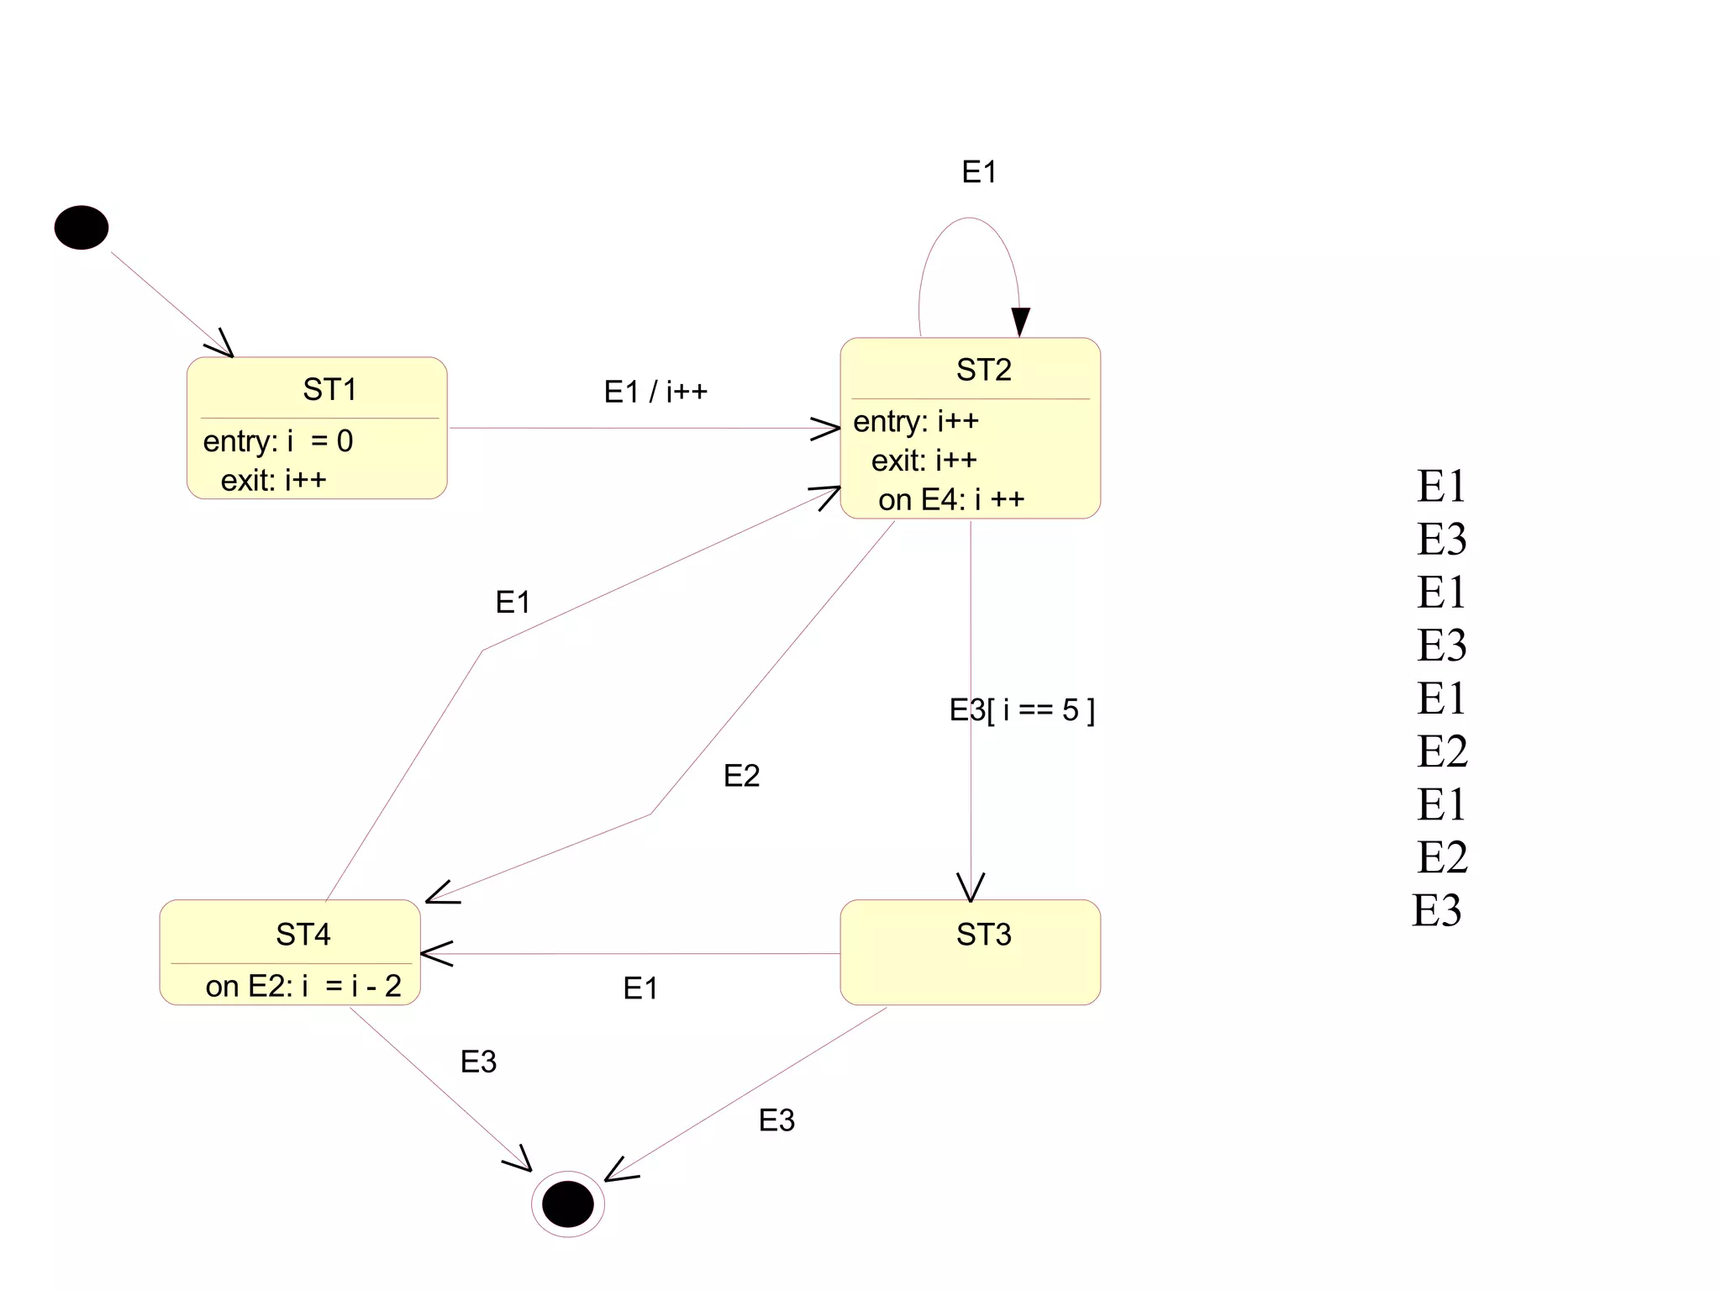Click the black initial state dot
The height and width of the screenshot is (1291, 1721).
click(82, 228)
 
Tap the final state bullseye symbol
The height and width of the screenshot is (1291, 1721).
click(568, 1204)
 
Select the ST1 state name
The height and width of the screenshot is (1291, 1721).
click(329, 390)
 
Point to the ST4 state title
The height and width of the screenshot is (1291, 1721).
click(303, 935)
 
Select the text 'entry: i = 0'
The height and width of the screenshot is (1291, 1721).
click(278, 441)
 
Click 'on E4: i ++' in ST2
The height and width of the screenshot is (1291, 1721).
click(951, 500)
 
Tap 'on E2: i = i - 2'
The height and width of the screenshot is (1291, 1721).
click(303, 986)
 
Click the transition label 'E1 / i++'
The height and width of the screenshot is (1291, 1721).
click(655, 392)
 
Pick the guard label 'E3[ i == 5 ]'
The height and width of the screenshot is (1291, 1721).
click(1022, 711)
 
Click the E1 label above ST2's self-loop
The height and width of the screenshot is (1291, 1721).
click(979, 172)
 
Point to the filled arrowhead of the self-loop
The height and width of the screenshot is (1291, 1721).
click(1020, 321)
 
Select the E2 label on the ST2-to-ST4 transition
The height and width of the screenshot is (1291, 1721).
click(741, 776)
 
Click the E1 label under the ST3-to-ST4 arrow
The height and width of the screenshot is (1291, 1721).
click(640, 988)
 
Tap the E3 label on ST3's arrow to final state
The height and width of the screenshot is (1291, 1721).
click(776, 1120)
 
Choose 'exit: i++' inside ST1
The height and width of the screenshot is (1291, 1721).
click(273, 481)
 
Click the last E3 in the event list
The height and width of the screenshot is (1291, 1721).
click(1437, 910)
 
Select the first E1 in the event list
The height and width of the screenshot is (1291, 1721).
click(1441, 486)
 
